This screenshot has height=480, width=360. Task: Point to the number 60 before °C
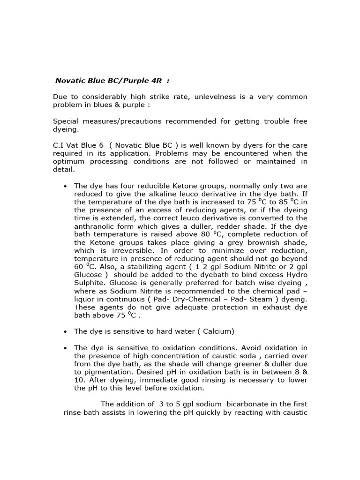pos(78,267)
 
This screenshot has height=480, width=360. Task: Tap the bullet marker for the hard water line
pos(65,331)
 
